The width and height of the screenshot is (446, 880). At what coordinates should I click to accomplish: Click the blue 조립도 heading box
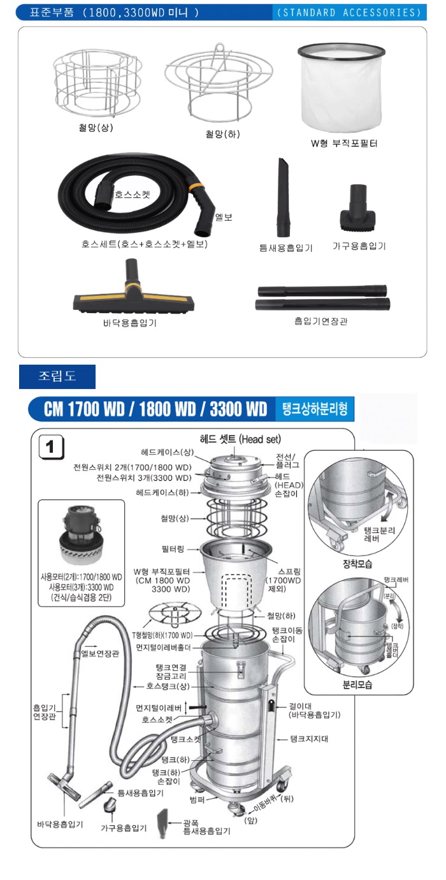[x=57, y=376]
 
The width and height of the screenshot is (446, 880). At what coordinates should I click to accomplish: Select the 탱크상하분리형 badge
[x=314, y=409]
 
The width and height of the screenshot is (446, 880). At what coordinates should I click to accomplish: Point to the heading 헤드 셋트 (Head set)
[x=240, y=439]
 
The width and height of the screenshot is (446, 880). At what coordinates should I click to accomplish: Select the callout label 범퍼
[x=198, y=799]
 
